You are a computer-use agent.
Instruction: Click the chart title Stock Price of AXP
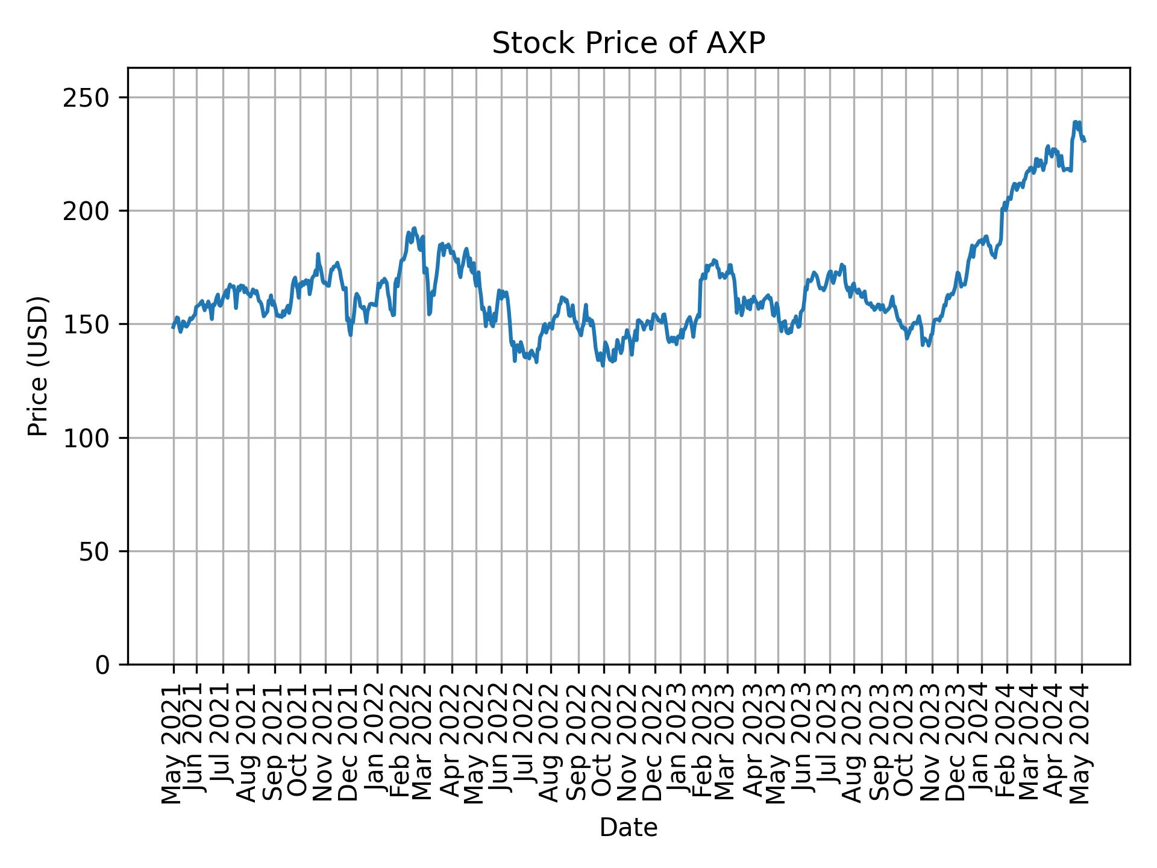pos(628,43)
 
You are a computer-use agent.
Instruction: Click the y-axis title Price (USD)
pos(38,366)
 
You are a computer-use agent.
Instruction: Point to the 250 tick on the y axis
pos(91,98)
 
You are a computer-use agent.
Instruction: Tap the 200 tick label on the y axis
pos(91,211)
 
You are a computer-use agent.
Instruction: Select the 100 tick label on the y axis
pos(91,438)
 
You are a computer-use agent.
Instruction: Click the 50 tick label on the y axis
pos(98,552)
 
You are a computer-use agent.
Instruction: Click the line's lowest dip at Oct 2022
pos(603,365)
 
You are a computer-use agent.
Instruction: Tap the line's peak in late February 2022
pos(414,228)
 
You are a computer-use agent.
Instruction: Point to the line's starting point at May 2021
pos(173,328)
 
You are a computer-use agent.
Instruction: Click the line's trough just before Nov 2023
pos(929,345)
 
